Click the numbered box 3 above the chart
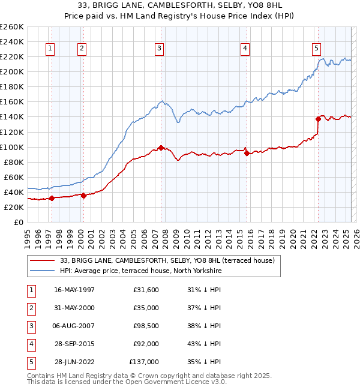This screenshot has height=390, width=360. [159, 49]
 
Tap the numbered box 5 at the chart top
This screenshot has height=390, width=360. [316, 49]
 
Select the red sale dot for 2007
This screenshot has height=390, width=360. [161, 148]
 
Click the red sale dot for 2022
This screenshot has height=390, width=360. [319, 119]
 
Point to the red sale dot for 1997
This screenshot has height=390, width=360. [52, 198]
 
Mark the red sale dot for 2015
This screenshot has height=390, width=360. [247, 153]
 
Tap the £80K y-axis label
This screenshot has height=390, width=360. [13, 162]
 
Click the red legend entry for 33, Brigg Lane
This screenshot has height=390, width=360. [167, 260]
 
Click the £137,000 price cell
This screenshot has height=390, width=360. [144, 362]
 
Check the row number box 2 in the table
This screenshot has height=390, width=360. [30, 308]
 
